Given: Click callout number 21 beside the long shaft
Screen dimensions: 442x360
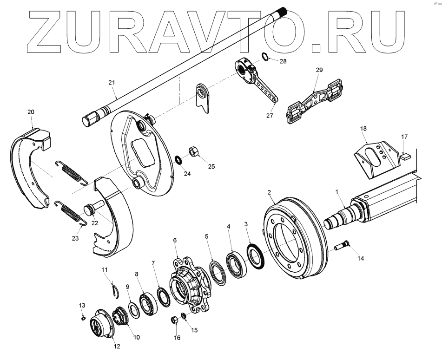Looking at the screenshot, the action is pyautogui.click(x=111, y=82).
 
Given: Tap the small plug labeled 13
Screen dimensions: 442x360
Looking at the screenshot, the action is pyautogui.click(x=82, y=318).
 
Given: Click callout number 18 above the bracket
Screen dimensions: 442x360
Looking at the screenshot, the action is pyautogui.click(x=363, y=128).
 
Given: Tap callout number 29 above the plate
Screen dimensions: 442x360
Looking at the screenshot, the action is pyautogui.click(x=319, y=70).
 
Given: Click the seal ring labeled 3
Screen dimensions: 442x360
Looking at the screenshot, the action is pyautogui.click(x=256, y=257).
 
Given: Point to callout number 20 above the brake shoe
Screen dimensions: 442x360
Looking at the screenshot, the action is pyautogui.click(x=31, y=112).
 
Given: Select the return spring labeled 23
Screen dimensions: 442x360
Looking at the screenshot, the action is pyautogui.click(x=73, y=213).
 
